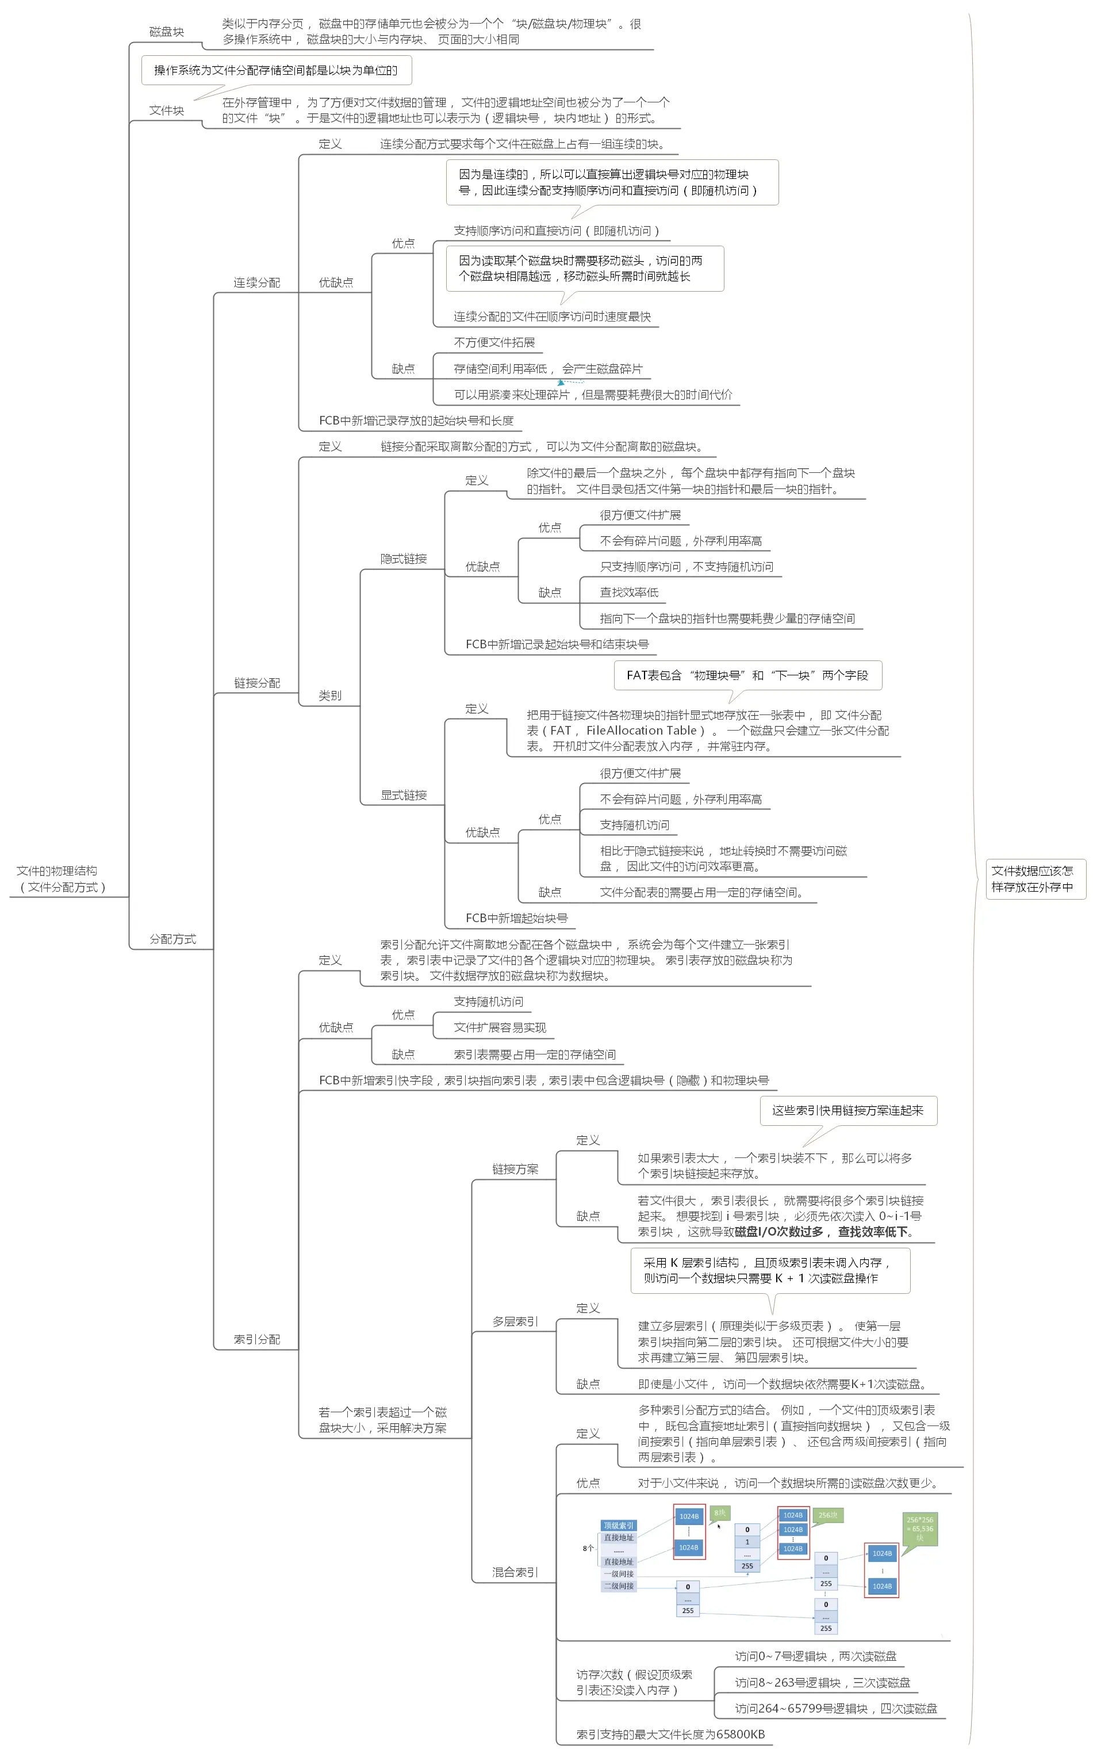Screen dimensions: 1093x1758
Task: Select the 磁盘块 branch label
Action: click(166, 32)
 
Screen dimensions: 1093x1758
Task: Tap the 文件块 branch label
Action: click(166, 110)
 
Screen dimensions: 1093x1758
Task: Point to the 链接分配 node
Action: click(256, 683)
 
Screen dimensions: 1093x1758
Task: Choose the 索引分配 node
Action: click(256, 1339)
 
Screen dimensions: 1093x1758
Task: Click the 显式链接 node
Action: click(404, 796)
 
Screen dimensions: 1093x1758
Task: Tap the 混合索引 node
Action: click(515, 1572)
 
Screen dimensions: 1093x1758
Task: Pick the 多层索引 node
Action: click(515, 1322)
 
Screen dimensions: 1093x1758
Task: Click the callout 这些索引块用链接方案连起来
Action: click(848, 1111)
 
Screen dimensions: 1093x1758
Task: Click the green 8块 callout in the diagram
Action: click(720, 1513)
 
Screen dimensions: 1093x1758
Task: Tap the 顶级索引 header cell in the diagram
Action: click(619, 1525)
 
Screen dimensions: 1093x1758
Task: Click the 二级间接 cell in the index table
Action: click(619, 1586)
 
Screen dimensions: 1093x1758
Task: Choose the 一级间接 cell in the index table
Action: click(619, 1573)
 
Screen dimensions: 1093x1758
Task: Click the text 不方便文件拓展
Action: click(494, 343)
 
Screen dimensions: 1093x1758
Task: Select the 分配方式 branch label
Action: click(172, 939)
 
